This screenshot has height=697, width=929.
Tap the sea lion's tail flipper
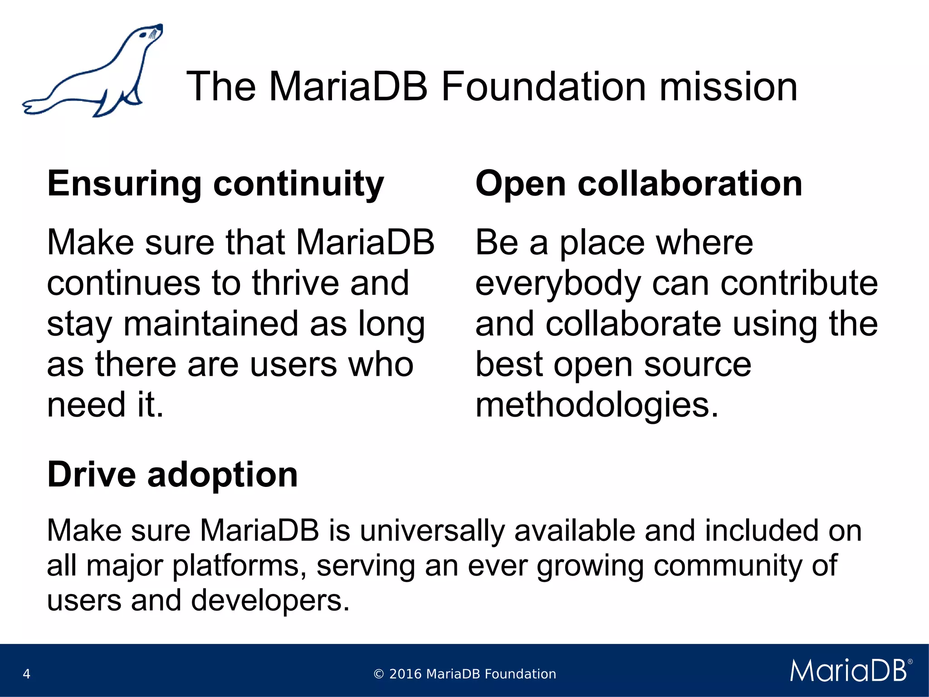click(x=36, y=107)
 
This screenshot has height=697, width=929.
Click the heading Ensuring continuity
click(x=215, y=184)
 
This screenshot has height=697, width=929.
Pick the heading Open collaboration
click(x=639, y=184)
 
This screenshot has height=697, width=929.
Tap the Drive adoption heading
click(x=172, y=475)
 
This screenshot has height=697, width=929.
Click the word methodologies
click(x=597, y=405)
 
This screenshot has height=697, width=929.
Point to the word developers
click(x=270, y=601)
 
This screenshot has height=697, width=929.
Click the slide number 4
click(x=26, y=674)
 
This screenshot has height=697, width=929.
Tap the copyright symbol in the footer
click(x=378, y=674)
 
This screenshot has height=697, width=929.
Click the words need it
click(x=105, y=405)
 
